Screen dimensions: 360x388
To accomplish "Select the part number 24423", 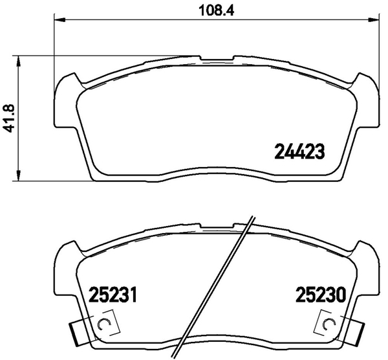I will (x=298, y=152).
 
